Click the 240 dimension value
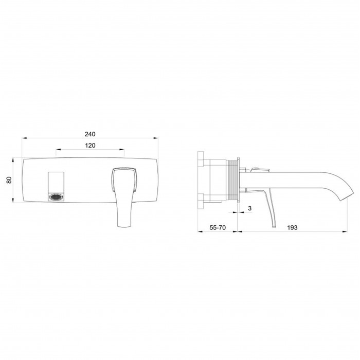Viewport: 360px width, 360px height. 90,134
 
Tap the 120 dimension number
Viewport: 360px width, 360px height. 90,146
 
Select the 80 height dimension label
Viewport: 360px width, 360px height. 9,180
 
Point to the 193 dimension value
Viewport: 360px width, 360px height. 292,227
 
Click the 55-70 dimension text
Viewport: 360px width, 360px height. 218,227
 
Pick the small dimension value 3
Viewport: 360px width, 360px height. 250,208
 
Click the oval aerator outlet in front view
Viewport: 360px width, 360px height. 56,197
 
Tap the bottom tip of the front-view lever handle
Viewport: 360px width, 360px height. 124,226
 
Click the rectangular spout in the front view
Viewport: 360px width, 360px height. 56,186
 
